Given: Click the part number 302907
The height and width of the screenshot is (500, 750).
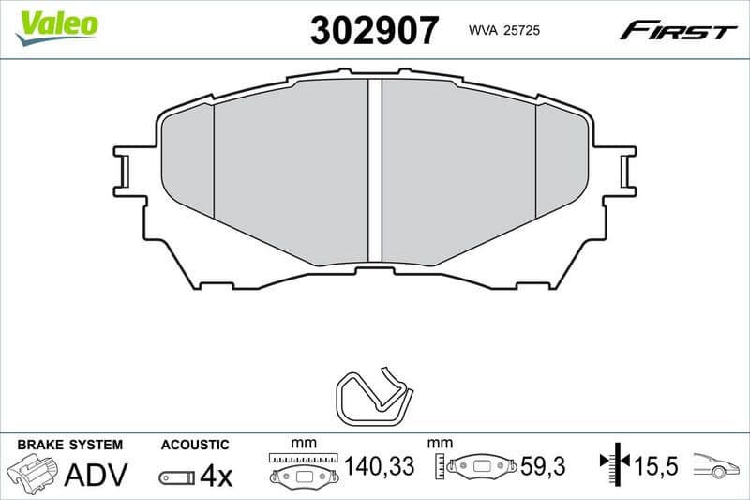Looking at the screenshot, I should (374, 30).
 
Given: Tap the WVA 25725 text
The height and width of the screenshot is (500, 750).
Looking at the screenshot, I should (502, 31).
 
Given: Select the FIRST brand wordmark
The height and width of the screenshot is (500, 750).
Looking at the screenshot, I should (678, 31).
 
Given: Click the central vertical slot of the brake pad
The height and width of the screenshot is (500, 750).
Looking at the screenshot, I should (375, 169).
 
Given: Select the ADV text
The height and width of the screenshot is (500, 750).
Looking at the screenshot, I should (95, 476).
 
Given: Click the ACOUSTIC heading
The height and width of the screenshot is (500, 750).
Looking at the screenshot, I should (194, 444).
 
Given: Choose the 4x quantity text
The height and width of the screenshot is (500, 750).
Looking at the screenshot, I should (216, 477).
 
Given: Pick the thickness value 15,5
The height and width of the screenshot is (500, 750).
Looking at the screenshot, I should (656, 466).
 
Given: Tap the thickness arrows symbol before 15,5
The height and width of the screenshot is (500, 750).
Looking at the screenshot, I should (613, 463).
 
